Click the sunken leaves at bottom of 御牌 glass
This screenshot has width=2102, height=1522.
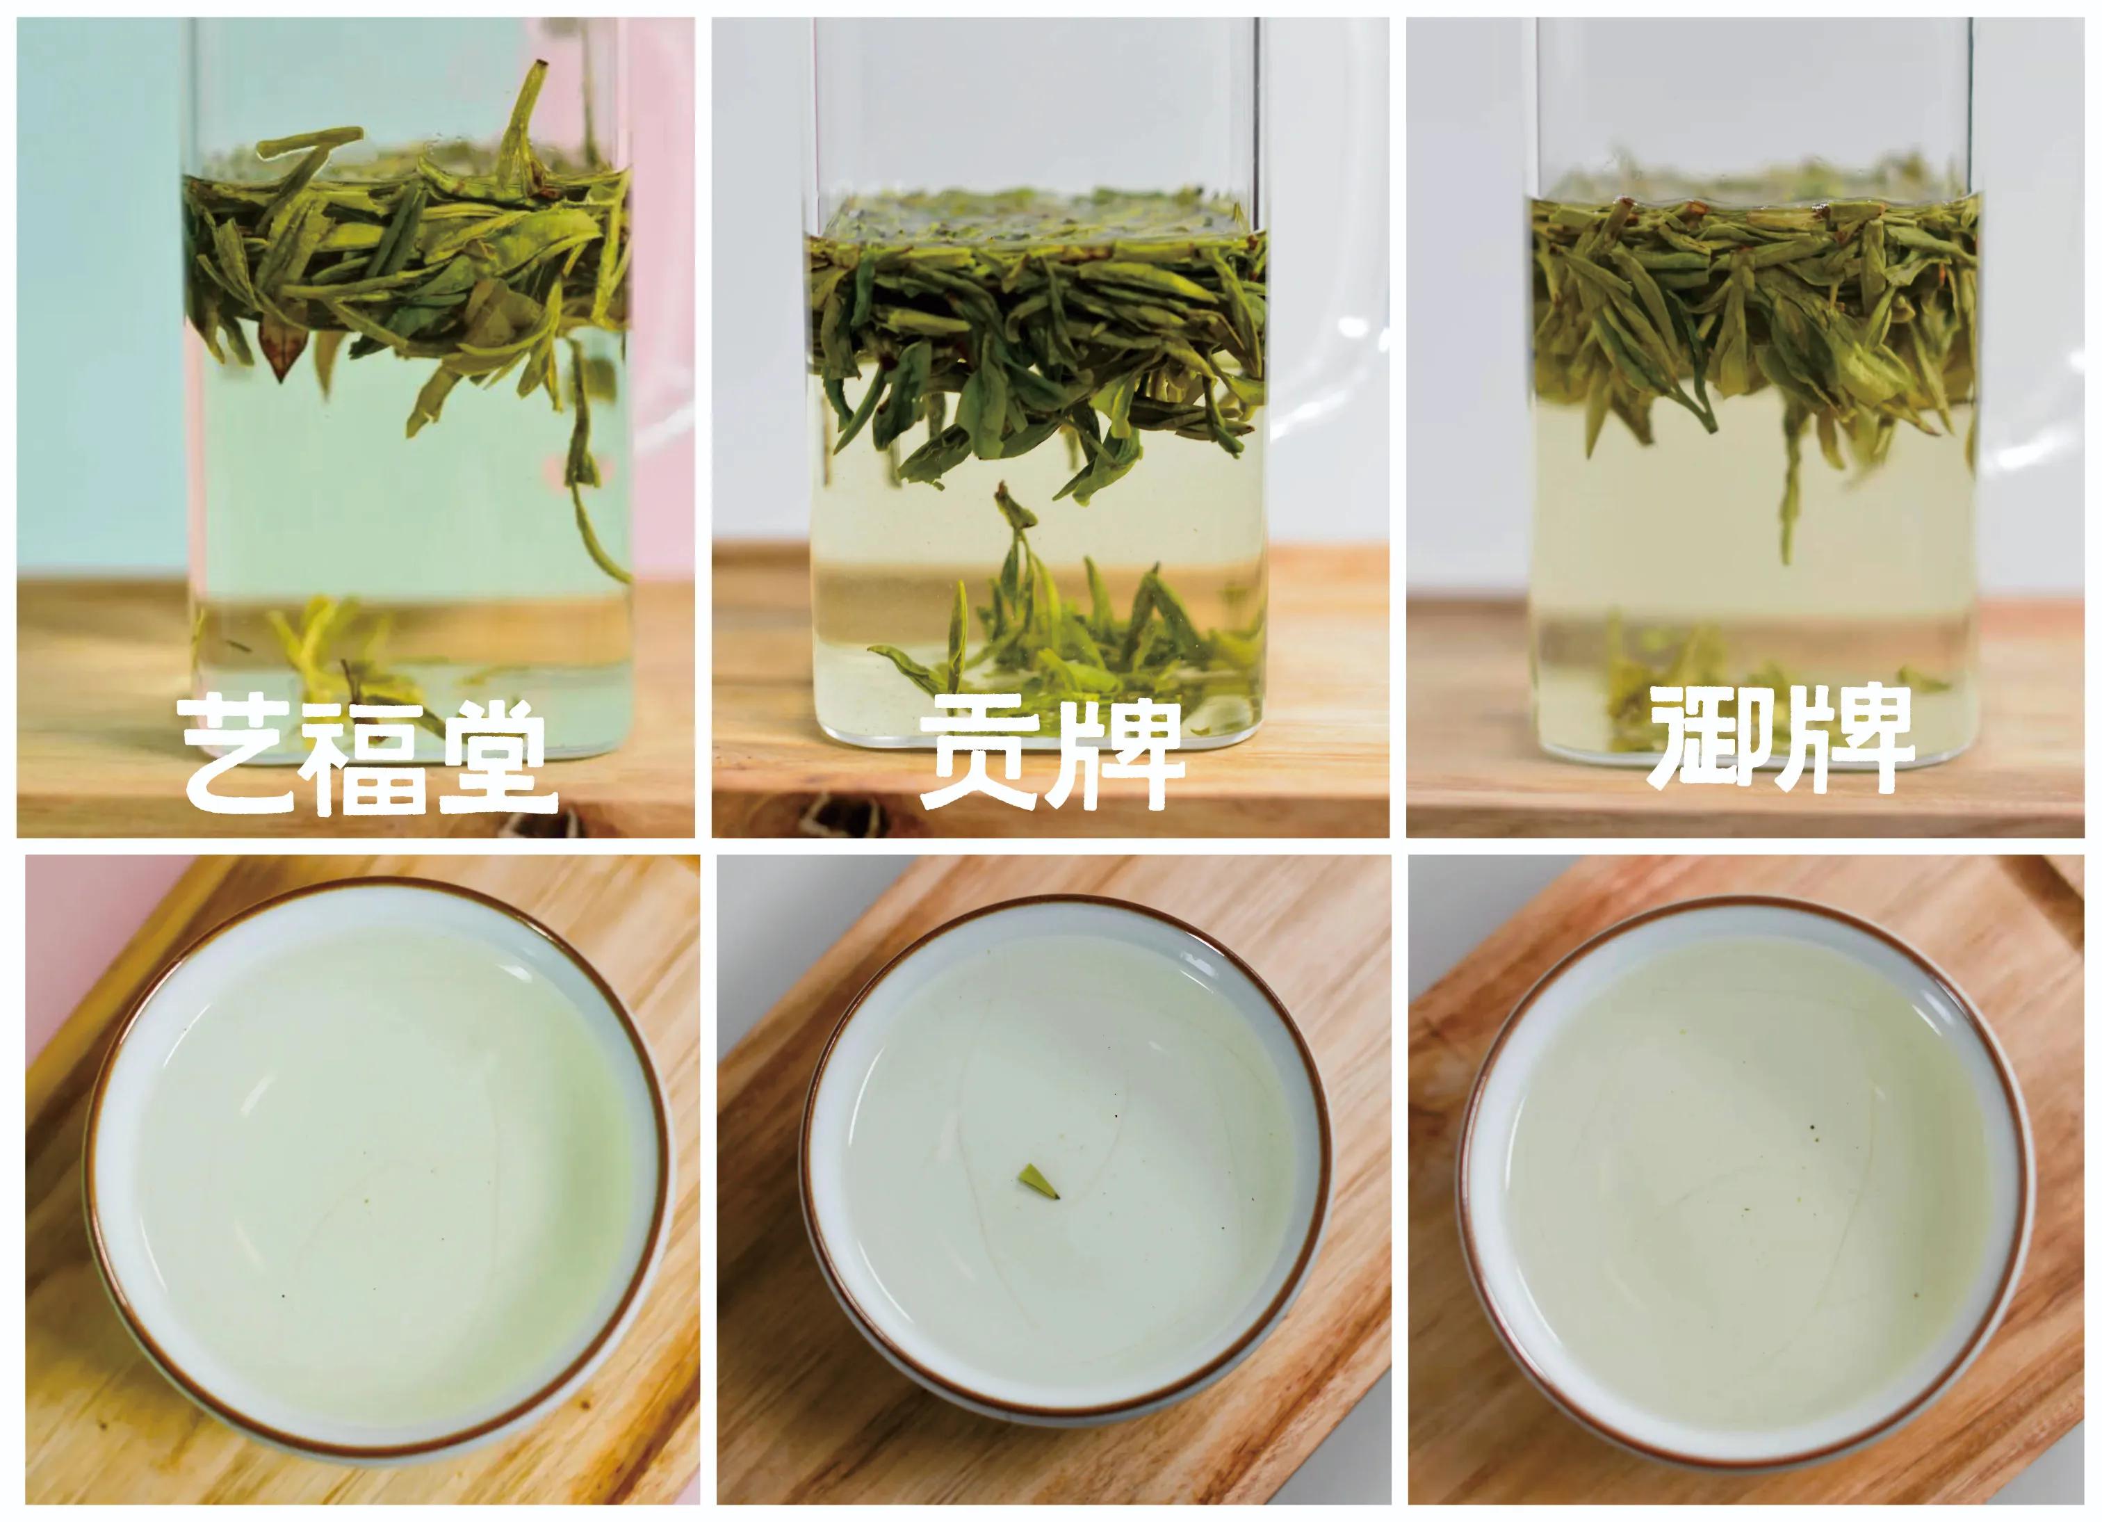click(1668, 686)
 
